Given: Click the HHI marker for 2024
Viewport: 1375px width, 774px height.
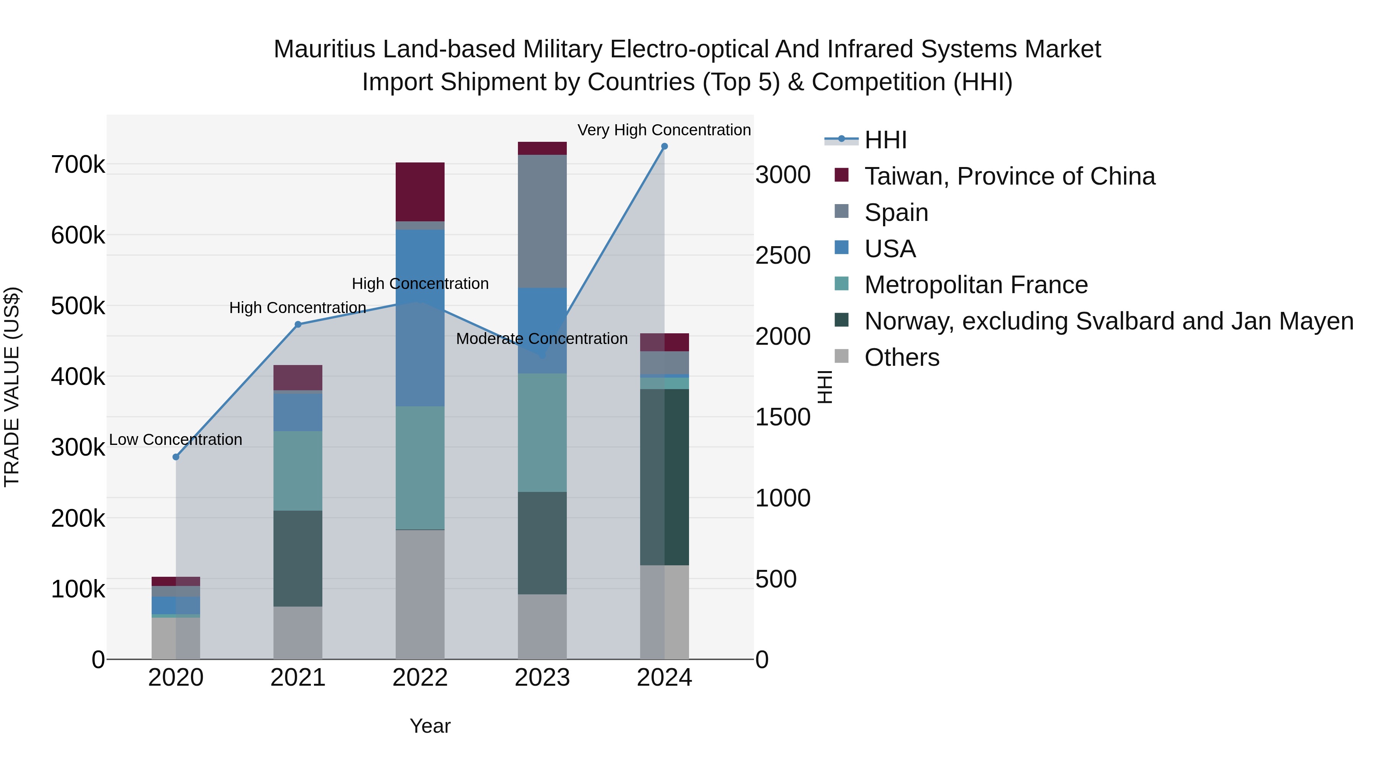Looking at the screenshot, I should click(664, 146).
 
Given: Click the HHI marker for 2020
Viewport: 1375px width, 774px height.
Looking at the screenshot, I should click(176, 457).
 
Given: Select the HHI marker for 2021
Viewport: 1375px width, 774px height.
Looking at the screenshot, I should click(298, 324).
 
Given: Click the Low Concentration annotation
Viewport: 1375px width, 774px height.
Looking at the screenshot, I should click(176, 440).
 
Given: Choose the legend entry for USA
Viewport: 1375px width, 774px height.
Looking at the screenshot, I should click(890, 249).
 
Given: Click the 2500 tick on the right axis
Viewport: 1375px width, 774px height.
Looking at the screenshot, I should click(783, 255).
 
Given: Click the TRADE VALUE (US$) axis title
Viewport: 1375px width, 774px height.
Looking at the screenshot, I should click(12, 387).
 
